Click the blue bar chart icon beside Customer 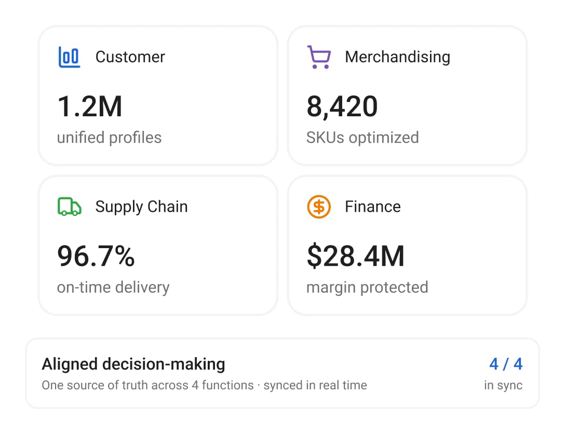(69, 57)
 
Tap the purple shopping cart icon (319, 57)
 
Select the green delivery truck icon (69, 207)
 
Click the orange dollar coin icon (319, 207)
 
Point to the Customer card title (130, 57)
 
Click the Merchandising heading (397, 57)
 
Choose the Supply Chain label (141, 207)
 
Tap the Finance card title (372, 207)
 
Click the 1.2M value (90, 106)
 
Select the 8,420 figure (342, 107)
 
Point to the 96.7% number (96, 256)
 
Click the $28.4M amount (356, 256)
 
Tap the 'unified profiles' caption (109, 138)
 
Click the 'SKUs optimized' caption (362, 138)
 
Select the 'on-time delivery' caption (113, 288)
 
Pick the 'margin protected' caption (367, 288)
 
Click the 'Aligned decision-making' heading (133, 364)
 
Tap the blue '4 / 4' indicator (506, 364)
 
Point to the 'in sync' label (503, 385)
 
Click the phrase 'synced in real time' (315, 385)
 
